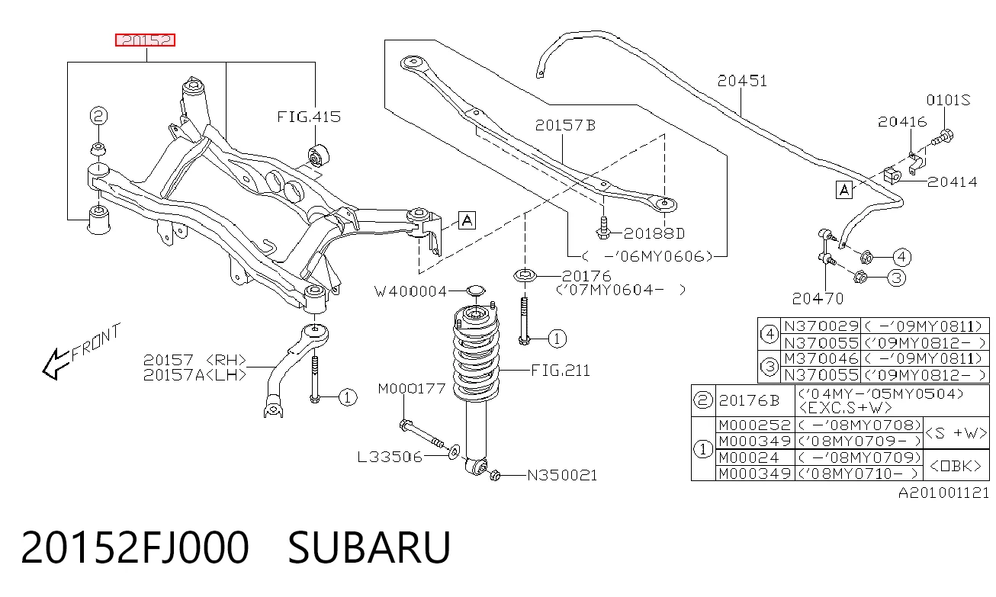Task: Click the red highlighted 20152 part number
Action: [x=145, y=40]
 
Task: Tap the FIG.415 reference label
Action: [x=309, y=117]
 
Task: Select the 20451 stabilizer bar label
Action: [x=742, y=81]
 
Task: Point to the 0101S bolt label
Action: [x=948, y=100]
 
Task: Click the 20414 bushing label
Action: [x=952, y=181]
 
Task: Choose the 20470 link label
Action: [x=818, y=299]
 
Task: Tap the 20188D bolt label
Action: [x=654, y=233]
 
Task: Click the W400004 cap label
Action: [x=410, y=291]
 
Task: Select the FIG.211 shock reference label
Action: [x=561, y=371]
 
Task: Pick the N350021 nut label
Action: [x=562, y=476]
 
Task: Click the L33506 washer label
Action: [x=390, y=457]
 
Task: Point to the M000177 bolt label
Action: [x=411, y=389]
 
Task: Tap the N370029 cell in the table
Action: [x=821, y=326]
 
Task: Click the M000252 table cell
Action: [x=754, y=425]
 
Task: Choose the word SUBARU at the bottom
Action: [x=370, y=547]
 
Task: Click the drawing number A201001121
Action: [x=943, y=493]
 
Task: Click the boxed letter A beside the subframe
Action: [x=467, y=220]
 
